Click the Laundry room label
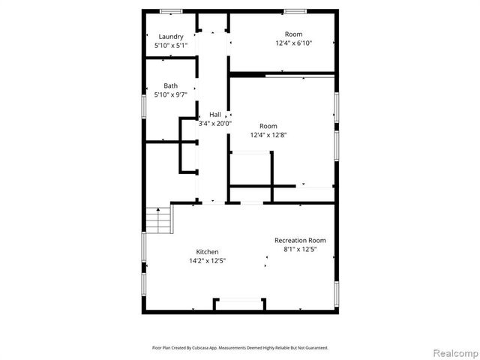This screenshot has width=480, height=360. point(170,37)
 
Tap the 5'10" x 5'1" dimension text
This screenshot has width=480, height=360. point(170,46)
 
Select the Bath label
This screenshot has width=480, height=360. point(170,85)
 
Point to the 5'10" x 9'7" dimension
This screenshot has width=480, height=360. point(170,94)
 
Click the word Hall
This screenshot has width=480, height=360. point(215,114)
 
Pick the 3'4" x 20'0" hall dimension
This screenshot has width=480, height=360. point(215,123)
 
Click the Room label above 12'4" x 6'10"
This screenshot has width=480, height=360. point(293,34)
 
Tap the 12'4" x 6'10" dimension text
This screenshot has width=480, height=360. point(293,43)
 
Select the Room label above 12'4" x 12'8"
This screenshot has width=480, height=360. point(268,126)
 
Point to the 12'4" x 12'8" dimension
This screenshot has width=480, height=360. point(268,135)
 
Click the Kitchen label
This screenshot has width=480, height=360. point(207,251)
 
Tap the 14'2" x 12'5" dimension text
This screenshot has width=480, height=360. point(207,260)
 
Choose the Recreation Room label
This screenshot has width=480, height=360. point(300,240)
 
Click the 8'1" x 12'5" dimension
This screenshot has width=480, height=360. point(300,249)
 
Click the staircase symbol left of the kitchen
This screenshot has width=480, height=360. point(158,220)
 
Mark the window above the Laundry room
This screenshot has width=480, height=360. point(171,10)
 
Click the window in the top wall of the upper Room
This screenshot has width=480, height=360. point(294,10)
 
